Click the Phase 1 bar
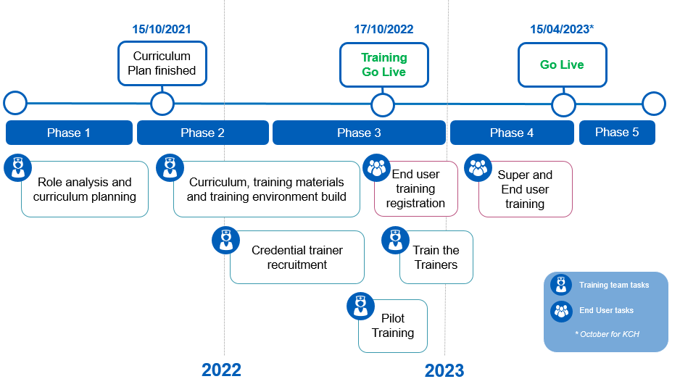tap(69, 133)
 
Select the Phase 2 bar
tap(202, 133)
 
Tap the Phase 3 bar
tap(359, 133)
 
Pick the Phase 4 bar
tap(512, 133)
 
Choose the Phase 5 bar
tap(617, 132)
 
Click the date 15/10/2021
tap(162, 30)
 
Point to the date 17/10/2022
tap(383, 30)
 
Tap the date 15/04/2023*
tap(562, 30)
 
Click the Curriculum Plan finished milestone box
tap(162, 63)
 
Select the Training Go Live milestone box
tap(383, 64)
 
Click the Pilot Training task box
tap(393, 326)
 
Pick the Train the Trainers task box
tap(436, 257)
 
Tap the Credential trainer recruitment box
tap(297, 257)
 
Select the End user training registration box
tap(415, 188)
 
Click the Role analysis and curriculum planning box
tap(85, 189)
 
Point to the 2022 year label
tap(221, 370)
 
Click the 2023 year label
tap(444, 370)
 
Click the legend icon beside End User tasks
tap(561, 311)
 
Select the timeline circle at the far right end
tap(653, 104)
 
